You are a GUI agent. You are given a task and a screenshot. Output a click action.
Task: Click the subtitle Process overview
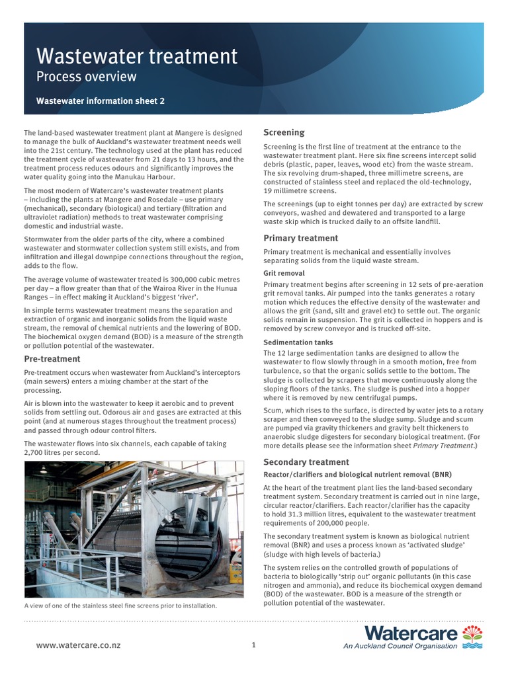[86, 77]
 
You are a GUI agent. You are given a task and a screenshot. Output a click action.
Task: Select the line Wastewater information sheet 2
[99, 102]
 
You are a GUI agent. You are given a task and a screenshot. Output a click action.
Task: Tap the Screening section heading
[284, 132]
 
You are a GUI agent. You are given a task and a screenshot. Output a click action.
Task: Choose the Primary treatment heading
[300, 238]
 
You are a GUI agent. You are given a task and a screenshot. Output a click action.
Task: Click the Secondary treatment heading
[306, 461]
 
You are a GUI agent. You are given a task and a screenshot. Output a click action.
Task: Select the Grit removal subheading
[284, 273]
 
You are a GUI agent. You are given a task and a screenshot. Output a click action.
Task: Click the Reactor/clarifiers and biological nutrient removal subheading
[348, 475]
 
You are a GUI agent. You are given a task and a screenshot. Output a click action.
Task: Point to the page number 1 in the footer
[253, 645]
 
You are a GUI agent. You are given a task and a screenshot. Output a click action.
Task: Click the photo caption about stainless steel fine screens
[120, 605]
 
